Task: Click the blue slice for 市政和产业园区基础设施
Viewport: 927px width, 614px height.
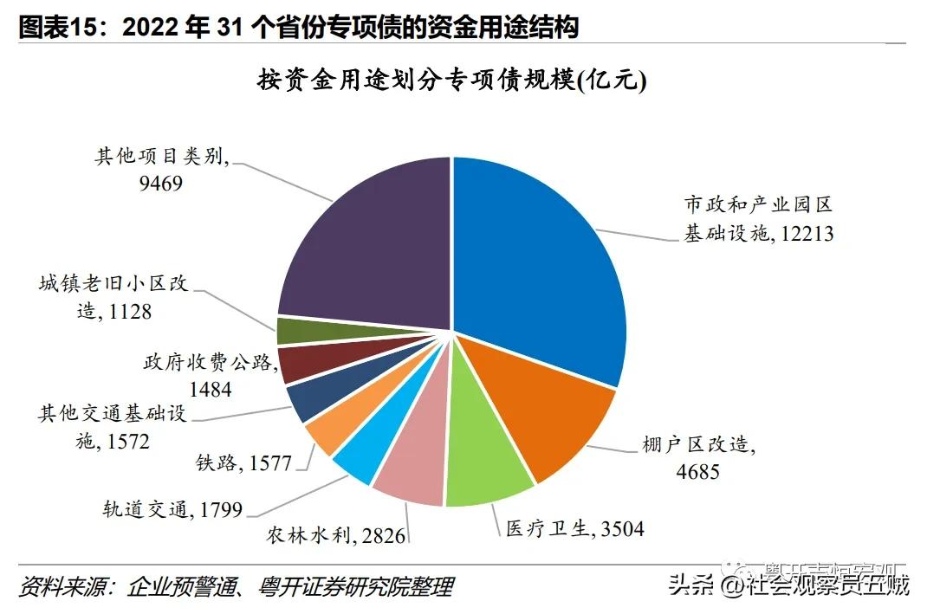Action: tap(537, 260)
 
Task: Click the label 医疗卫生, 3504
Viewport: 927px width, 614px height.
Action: tap(575, 527)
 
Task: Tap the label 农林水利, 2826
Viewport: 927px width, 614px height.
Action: tap(335, 536)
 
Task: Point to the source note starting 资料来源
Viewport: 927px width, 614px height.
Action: tap(236, 586)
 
